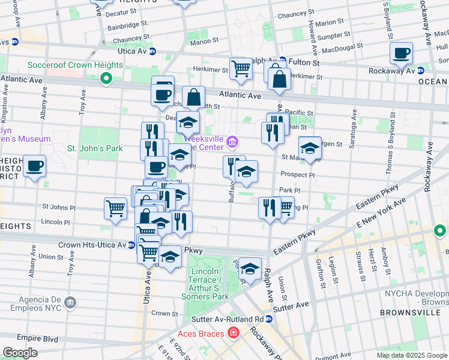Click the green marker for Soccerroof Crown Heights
click(106, 78)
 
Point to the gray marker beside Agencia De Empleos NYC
click(71, 301)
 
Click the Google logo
click(20, 353)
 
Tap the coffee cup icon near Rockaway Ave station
click(401, 53)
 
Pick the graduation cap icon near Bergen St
click(310, 148)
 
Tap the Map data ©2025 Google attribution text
click(412, 355)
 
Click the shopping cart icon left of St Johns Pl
click(115, 208)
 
